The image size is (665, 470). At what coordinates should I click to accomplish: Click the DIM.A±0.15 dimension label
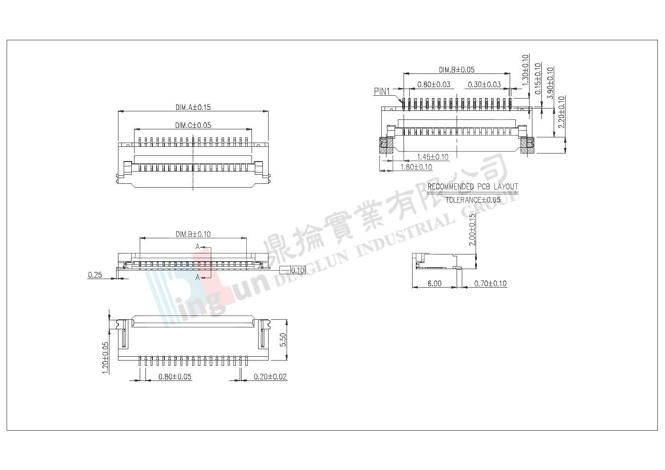tap(193, 107)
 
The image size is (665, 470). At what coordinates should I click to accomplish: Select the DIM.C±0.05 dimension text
tap(193, 125)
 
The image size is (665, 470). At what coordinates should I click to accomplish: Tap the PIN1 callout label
tap(382, 91)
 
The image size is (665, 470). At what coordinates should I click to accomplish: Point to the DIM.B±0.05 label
tap(457, 70)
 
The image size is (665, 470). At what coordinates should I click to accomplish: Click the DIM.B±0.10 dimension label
tap(193, 234)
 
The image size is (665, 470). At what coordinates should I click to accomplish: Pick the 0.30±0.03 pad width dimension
tap(485, 85)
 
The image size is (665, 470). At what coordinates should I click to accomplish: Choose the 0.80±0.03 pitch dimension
tap(434, 85)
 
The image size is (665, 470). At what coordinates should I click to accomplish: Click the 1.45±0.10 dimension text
tap(432, 157)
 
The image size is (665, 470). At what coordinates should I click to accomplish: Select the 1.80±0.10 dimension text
tap(416, 167)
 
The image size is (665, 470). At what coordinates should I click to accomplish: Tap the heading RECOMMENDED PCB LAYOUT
tap(473, 187)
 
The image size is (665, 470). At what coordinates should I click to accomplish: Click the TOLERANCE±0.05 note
tap(473, 200)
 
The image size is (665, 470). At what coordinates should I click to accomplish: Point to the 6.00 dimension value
tap(434, 283)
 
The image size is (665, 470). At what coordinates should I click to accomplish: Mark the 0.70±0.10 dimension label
tap(490, 283)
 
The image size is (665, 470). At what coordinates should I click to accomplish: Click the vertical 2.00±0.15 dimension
tap(472, 229)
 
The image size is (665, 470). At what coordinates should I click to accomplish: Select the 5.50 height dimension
tap(283, 340)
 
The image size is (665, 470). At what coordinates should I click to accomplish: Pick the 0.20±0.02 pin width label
tap(270, 377)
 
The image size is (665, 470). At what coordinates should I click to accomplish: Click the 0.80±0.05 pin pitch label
tap(175, 377)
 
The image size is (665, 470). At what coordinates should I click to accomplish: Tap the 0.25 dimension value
tap(95, 275)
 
